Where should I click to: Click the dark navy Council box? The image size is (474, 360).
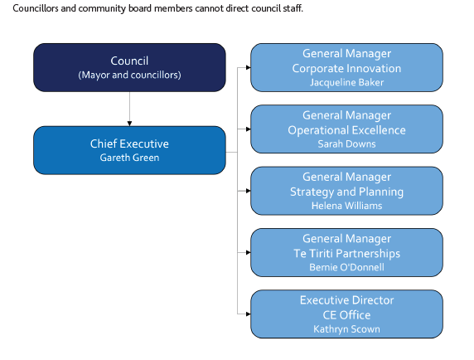pyautogui.click(x=129, y=67)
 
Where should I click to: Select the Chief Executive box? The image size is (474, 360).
pyautogui.click(x=129, y=150)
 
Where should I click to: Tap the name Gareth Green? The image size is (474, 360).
pyautogui.click(x=129, y=158)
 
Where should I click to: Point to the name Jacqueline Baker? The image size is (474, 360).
pyautogui.click(x=346, y=83)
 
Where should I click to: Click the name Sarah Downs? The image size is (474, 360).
pyautogui.click(x=346, y=144)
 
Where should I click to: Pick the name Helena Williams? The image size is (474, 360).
pyautogui.click(x=346, y=206)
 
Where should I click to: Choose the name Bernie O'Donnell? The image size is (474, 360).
pyautogui.click(x=346, y=267)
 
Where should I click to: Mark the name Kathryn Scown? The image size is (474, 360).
pyautogui.click(x=346, y=329)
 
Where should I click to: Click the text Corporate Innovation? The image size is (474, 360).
pyautogui.click(x=346, y=68)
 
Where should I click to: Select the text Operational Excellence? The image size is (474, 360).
pyautogui.click(x=346, y=130)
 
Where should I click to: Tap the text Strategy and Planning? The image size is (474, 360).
pyautogui.click(x=346, y=192)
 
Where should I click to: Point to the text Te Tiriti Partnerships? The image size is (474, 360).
pyautogui.click(x=346, y=254)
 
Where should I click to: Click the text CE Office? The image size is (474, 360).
pyautogui.click(x=346, y=315)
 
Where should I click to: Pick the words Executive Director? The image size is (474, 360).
pyautogui.click(x=346, y=300)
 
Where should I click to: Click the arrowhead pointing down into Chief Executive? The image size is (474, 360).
pyautogui.click(x=129, y=124)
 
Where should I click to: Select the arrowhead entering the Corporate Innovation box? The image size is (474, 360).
pyautogui.click(x=248, y=67)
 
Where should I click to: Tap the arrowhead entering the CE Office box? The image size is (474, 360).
pyautogui.click(x=248, y=314)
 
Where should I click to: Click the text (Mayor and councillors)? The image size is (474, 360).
pyautogui.click(x=129, y=75)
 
